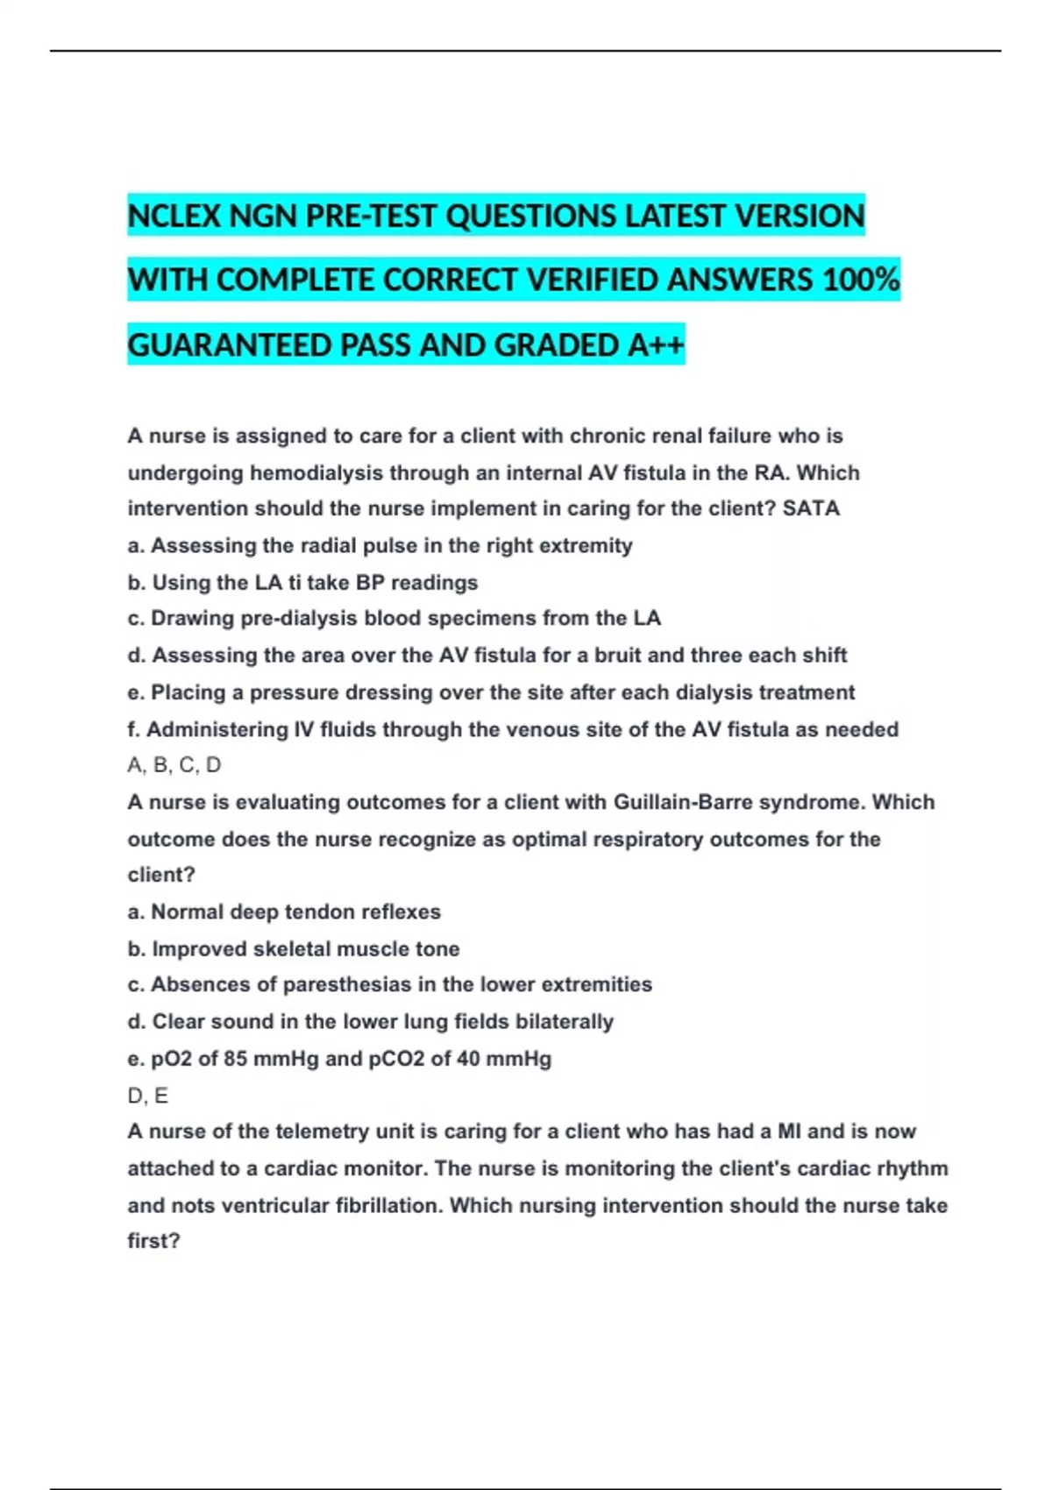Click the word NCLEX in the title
(x=174, y=216)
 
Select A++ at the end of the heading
(x=656, y=345)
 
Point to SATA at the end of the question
(x=811, y=508)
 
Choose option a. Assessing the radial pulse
(x=380, y=546)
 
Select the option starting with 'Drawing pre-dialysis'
(x=394, y=619)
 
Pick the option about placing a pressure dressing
(x=490, y=692)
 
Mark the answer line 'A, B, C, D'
(x=174, y=765)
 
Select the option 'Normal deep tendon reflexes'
(x=284, y=912)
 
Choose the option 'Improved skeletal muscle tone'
(x=294, y=948)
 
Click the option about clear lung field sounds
(x=370, y=1021)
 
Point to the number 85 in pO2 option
(x=235, y=1059)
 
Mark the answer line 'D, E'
(x=148, y=1096)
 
